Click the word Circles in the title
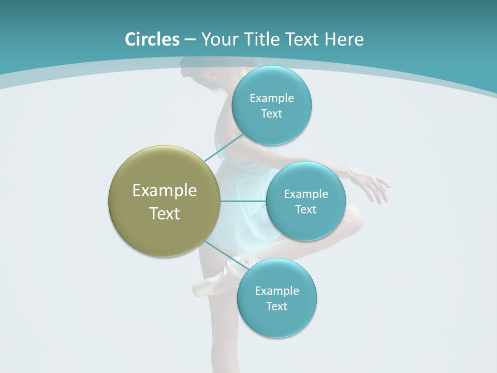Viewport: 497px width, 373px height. pyautogui.click(x=152, y=39)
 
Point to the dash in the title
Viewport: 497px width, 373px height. pyautogui.click(x=190, y=40)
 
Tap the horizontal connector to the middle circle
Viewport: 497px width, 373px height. pyautogui.click(x=243, y=201)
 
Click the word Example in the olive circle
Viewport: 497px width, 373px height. pyautogui.click(x=165, y=191)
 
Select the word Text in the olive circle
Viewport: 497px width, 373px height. pyautogui.click(x=165, y=213)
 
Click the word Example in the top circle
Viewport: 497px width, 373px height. pyautogui.click(x=272, y=98)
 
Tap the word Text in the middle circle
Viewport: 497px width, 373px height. pyautogui.click(x=305, y=209)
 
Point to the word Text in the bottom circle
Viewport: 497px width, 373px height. pyautogui.click(x=276, y=306)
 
